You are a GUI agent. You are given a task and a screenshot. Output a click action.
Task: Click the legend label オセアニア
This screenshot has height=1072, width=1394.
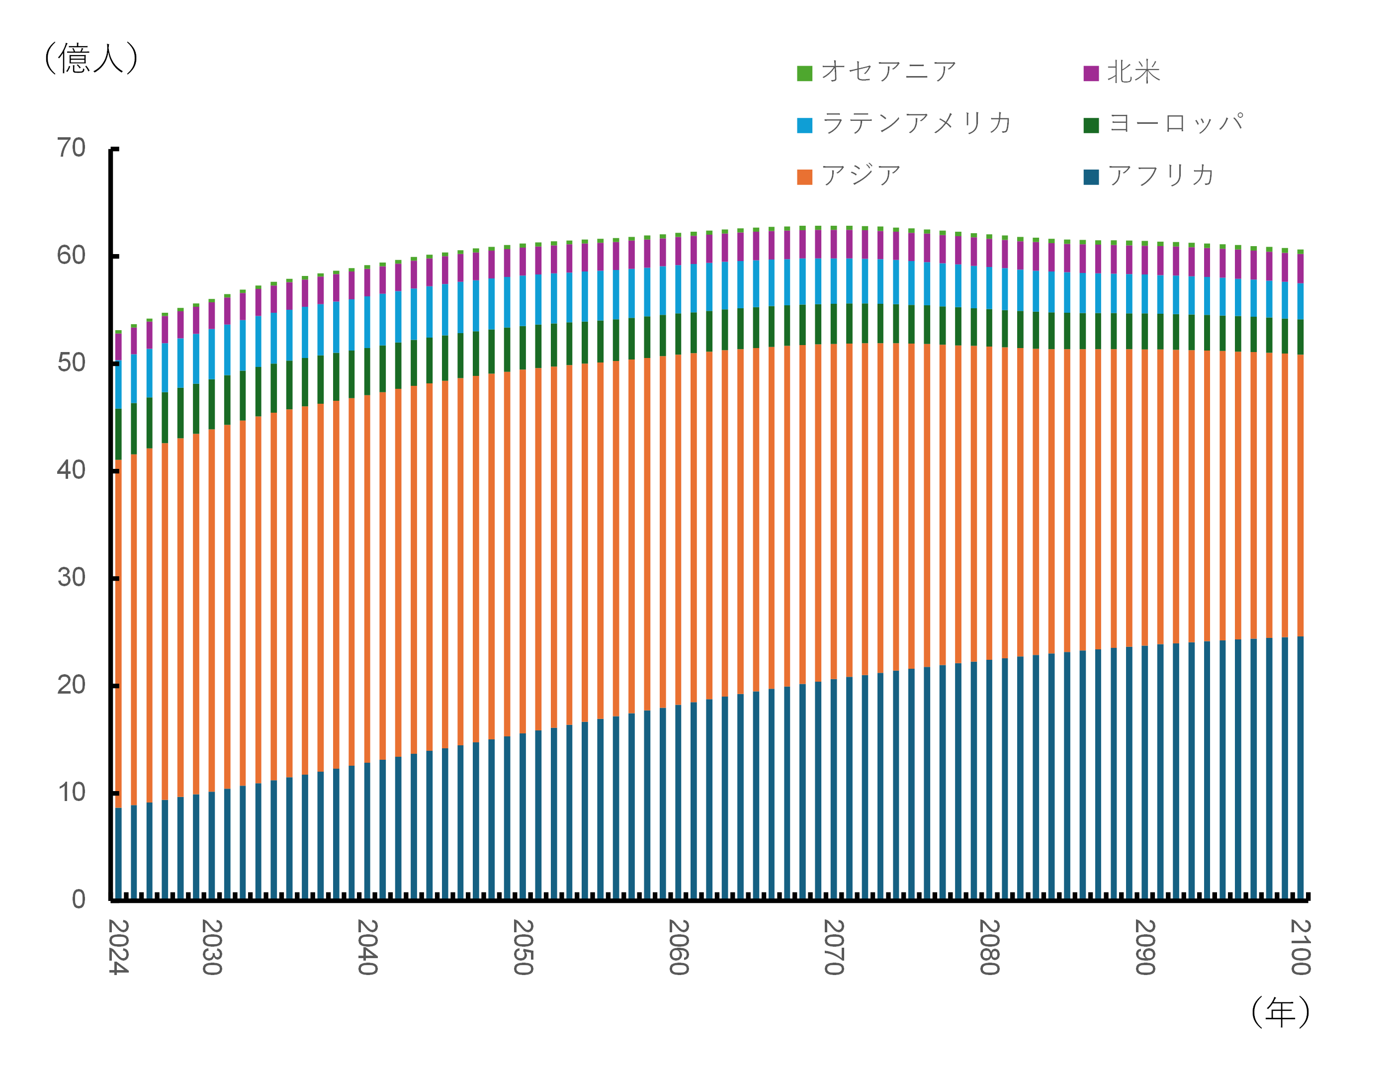[889, 72]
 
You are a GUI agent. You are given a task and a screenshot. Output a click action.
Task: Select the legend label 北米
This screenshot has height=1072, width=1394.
[1133, 72]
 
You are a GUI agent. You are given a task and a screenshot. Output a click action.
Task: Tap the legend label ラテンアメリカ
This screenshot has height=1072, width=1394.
[916, 123]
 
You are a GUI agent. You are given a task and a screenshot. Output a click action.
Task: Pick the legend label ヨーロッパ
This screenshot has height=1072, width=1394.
[1175, 123]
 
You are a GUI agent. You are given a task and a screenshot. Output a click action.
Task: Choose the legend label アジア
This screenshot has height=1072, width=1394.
[861, 176]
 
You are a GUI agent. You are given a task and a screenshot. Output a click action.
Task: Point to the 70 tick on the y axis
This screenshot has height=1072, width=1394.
[72, 148]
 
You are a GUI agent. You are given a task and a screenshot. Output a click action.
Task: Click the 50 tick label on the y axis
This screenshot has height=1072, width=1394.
[72, 362]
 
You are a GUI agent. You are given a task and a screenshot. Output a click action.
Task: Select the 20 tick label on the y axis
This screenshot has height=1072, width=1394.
[72, 685]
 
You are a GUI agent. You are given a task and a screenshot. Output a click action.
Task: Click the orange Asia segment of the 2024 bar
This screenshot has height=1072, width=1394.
[118, 631]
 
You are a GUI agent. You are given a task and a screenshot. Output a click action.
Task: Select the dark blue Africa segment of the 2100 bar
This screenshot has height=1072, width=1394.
[1300, 766]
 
